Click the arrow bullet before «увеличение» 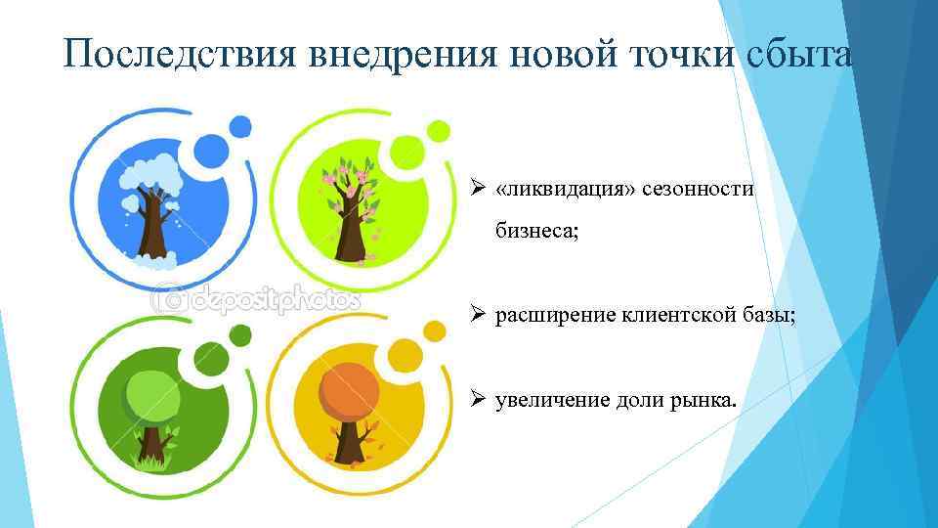(x=477, y=398)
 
